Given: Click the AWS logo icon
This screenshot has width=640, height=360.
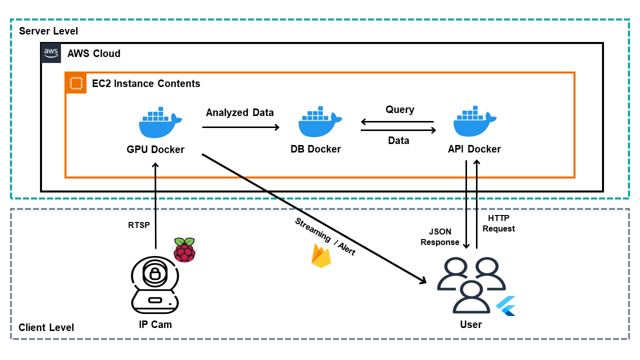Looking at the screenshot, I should pyautogui.click(x=51, y=52).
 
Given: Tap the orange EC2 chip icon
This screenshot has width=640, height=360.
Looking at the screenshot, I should pyautogui.click(x=76, y=83).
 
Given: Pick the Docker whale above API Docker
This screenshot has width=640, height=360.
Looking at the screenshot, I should pyautogui.click(x=474, y=123).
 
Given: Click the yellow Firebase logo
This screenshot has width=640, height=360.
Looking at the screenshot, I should pyautogui.click(x=321, y=256).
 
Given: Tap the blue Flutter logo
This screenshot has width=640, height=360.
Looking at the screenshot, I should pyautogui.click(x=506, y=305).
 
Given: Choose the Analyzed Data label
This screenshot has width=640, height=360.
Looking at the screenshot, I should pyautogui.click(x=240, y=112).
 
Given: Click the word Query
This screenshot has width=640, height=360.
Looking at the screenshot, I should pyautogui.click(x=399, y=109).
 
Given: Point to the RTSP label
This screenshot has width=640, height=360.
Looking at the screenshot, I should pyautogui.click(x=139, y=225).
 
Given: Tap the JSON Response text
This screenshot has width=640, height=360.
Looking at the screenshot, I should pyautogui.click(x=440, y=237).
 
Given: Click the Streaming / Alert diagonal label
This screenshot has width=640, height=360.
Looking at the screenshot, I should pyautogui.click(x=325, y=236).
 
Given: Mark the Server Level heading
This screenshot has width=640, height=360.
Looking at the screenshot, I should pyautogui.click(x=48, y=31).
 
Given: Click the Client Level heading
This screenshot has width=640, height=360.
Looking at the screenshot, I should pyautogui.click(x=46, y=327).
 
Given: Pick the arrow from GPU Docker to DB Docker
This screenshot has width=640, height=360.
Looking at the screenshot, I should pyautogui.click(x=240, y=127).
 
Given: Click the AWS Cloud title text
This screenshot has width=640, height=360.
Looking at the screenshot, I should pyautogui.click(x=94, y=53).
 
